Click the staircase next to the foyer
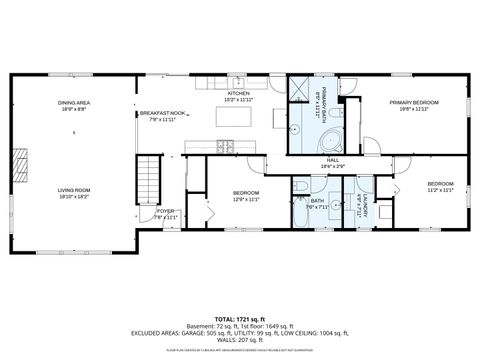tap(149, 177)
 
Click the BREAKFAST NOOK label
tap(162, 113)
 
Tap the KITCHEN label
tap(237, 92)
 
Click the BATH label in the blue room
tap(317, 202)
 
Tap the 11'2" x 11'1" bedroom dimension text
tap(440, 189)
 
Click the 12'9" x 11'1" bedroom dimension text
tap(246, 198)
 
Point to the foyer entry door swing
tap(147, 217)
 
